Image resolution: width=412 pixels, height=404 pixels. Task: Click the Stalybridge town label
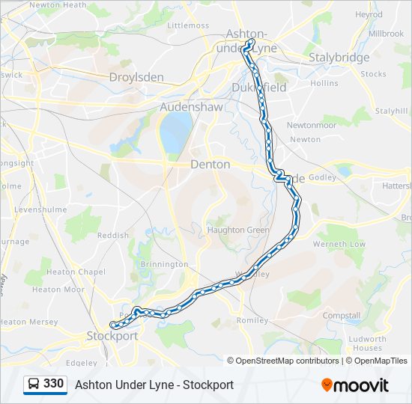340,58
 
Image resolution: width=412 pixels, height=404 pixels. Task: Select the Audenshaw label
190,107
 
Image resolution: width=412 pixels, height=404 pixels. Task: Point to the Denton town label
210,164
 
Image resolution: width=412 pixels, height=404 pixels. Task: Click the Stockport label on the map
112,336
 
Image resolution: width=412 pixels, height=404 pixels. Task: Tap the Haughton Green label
237,230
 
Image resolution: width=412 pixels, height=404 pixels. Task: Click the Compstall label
341,316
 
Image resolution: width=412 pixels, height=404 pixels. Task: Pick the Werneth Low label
339,244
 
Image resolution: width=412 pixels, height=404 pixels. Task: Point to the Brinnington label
164,264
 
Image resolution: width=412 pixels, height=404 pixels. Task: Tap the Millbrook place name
386,34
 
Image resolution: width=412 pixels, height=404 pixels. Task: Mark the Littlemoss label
188,25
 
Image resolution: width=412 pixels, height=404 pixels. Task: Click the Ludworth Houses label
368,343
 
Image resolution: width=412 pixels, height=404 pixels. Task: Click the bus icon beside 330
33,384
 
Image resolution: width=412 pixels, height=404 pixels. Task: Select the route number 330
53,384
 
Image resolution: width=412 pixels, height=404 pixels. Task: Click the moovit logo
355,385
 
